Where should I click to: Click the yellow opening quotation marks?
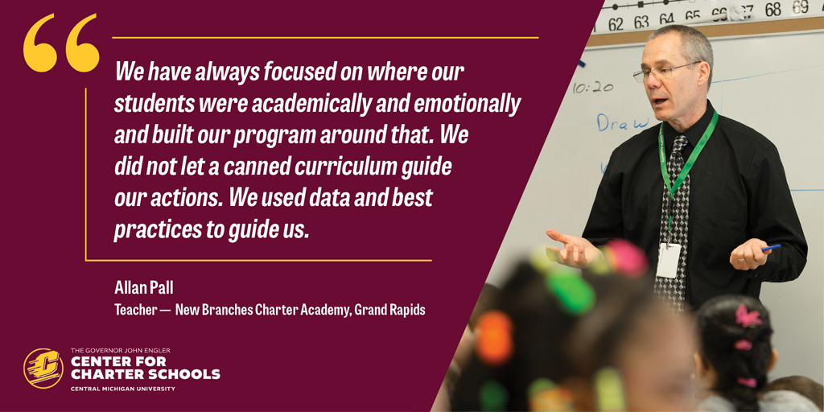[61, 43]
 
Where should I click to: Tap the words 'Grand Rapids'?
[389, 310]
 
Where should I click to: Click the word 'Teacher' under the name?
[135, 310]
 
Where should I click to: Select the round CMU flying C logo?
[43, 368]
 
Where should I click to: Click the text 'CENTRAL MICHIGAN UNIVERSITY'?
[122, 389]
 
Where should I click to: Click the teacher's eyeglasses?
[665, 72]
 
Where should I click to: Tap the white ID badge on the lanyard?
[669, 261]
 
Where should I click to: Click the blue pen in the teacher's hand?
[772, 247]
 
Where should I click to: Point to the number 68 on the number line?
[773, 10]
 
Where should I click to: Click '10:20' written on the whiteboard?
[593, 88]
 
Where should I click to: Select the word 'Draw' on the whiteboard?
[623, 122]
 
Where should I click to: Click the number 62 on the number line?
[616, 24]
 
